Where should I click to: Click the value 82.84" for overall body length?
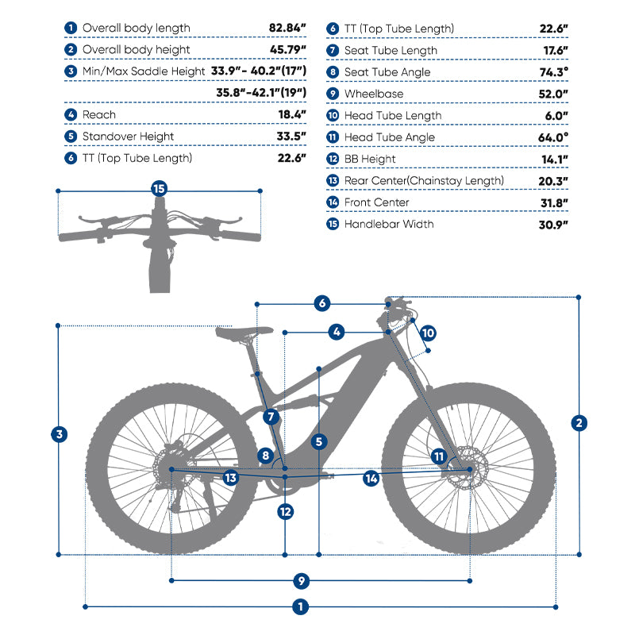tap(287, 28)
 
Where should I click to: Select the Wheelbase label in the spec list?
tap(374, 94)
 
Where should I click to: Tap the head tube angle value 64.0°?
tap(553, 137)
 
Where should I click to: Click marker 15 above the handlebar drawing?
tap(160, 189)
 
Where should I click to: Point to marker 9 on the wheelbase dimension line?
tap(301, 581)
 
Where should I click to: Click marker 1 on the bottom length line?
tap(300, 607)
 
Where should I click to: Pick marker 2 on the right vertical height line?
tap(579, 423)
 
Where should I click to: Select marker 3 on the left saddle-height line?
tap(59, 434)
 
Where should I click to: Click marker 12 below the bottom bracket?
tap(285, 512)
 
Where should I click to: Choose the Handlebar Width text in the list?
tap(389, 225)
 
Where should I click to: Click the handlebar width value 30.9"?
tap(553, 225)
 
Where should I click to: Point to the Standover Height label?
tap(128, 137)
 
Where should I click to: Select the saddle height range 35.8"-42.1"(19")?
tap(261, 93)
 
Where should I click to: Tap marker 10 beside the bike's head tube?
tap(428, 333)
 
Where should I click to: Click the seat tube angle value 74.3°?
tap(554, 72)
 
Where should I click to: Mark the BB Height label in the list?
tap(370, 160)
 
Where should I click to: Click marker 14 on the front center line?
tap(371, 479)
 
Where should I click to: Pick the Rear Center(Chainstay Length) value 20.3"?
tap(553, 182)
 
